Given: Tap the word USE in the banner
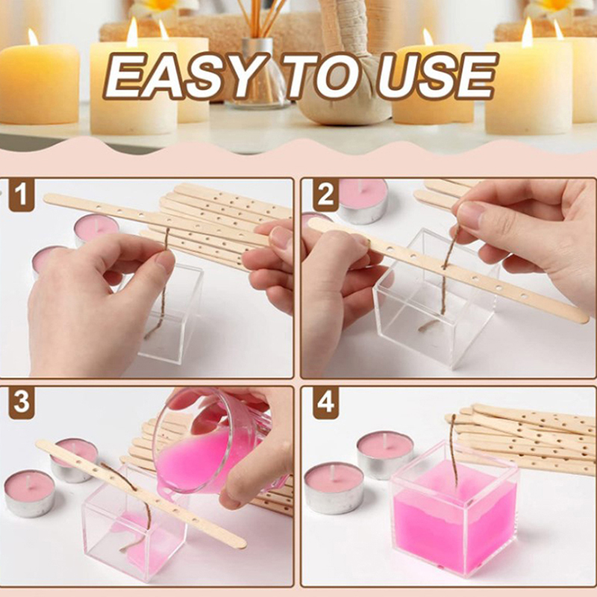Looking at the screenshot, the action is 437,76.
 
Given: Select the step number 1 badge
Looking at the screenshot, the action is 22,194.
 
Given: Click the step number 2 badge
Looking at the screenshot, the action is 326,194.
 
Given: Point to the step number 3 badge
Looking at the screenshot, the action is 22,402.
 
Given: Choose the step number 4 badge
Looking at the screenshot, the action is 326,402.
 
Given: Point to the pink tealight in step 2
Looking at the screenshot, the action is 363,200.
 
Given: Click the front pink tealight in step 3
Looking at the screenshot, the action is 30,493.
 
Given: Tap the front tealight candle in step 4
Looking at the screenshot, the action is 334,487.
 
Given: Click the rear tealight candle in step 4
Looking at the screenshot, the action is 385,454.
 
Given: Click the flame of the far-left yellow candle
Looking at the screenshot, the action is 33,37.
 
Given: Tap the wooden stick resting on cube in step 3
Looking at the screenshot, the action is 141,494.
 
